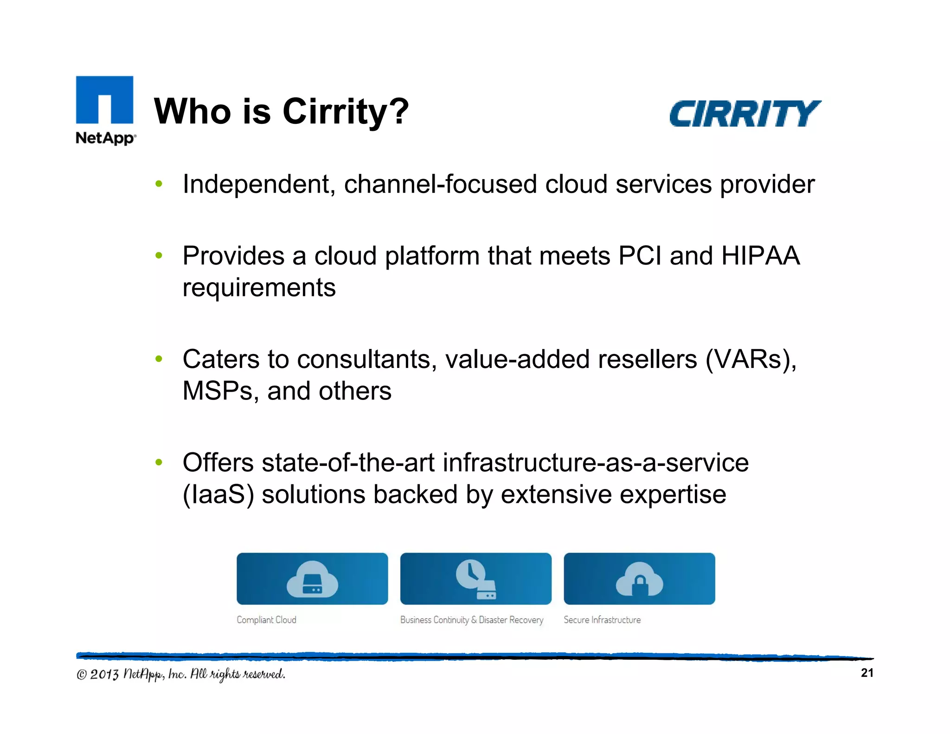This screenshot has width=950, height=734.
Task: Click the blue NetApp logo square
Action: (104, 100)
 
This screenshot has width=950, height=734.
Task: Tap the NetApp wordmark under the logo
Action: (106, 138)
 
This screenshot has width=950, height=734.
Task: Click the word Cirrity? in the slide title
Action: (346, 112)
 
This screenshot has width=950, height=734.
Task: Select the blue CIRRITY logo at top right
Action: (745, 114)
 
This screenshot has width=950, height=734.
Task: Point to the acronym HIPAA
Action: (760, 256)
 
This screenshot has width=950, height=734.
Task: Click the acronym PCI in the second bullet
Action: (640, 256)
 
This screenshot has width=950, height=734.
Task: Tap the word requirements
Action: (259, 288)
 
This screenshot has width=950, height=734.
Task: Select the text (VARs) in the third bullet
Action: (751, 360)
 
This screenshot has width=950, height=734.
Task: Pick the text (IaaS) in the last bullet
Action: (218, 495)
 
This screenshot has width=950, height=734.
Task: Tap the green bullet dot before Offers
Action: (159, 462)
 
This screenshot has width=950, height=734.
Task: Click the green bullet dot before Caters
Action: (159, 359)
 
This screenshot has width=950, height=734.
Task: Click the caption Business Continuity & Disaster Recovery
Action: (471, 620)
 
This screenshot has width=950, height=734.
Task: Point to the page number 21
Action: (867, 673)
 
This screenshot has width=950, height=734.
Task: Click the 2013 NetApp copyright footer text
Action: (181, 674)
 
